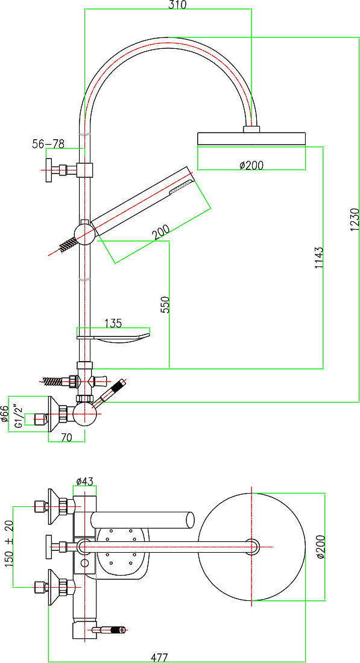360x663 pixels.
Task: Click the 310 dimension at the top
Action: click(x=178, y=4)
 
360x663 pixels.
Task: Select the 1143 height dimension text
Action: click(x=318, y=257)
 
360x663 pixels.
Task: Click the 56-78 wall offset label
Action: click(x=48, y=144)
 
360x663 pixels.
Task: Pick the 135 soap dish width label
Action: click(x=113, y=324)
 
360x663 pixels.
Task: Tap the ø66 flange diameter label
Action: click(x=4, y=414)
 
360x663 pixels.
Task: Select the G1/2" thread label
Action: click(x=17, y=417)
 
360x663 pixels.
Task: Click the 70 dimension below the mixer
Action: click(x=66, y=438)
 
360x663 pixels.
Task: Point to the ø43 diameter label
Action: click(x=84, y=481)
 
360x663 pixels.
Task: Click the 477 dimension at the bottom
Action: click(x=159, y=658)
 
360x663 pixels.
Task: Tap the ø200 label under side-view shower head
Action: click(x=251, y=165)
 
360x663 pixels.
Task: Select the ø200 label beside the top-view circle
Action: click(x=321, y=546)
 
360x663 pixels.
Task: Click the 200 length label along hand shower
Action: click(x=162, y=231)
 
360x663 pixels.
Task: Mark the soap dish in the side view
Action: click(x=113, y=338)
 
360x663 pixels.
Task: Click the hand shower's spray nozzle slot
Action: click(x=181, y=187)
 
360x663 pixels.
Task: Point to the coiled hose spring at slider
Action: click(x=67, y=244)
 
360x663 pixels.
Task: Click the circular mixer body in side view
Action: click(x=84, y=413)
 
